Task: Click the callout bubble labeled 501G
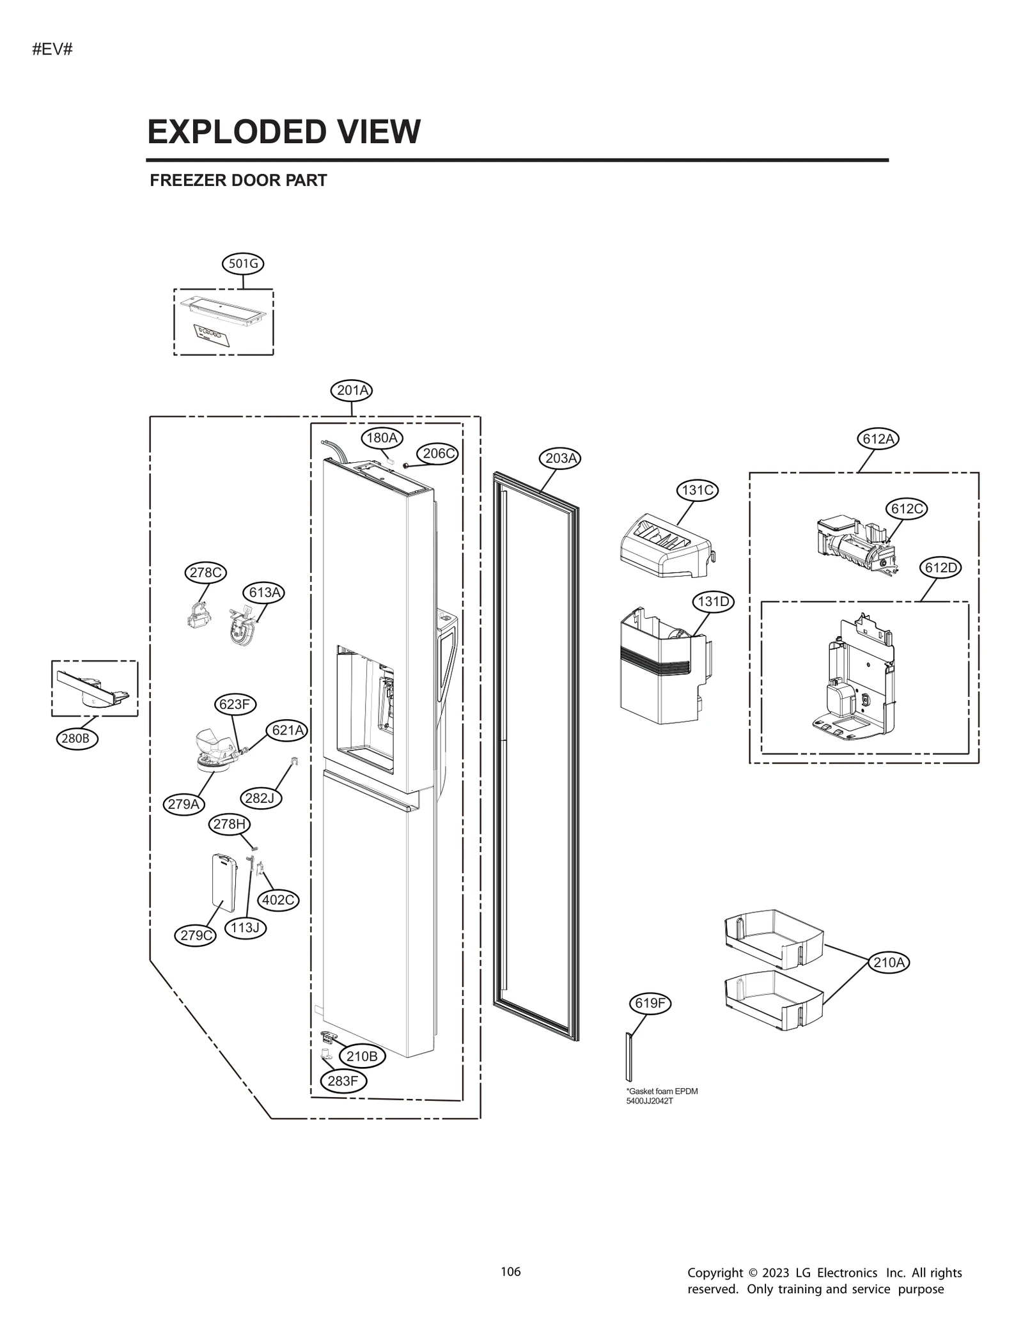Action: pyautogui.click(x=243, y=263)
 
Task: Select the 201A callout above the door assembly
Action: pyautogui.click(x=352, y=390)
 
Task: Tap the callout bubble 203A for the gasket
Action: pyautogui.click(x=560, y=458)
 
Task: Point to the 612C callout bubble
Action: pyautogui.click(x=906, y=508)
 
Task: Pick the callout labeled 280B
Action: pyautogui.click(x=77, y=739)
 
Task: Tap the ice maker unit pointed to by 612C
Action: pyautogui.click(x=854, y=543)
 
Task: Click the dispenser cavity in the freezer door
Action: pyautogui.click(x=364, y=703)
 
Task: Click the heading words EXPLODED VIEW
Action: pyautogui.click(x=284, y=132)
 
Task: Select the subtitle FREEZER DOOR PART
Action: pyautogui.click(x=238, y=180)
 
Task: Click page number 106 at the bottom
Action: pyautogui.click(x=510, y=1272)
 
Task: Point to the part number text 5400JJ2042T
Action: pyautogui.click(x=649, y=1101)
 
